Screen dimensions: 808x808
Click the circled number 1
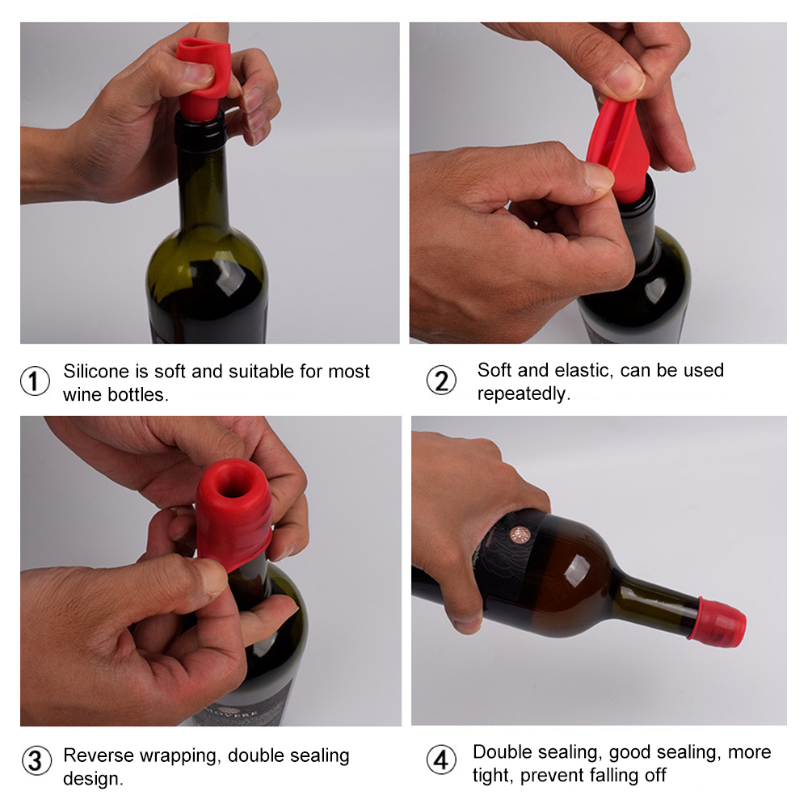click(x=35, y=381)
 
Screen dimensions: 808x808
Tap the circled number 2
click(x=441, y=381)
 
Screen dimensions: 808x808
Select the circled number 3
click(x=36, y=760)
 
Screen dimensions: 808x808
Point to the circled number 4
click(x=441, y=760)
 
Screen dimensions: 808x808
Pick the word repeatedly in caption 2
click(x=524, y=393)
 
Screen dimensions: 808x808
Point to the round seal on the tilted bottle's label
click(x=520, y=534)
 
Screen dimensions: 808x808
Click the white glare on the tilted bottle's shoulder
click(x=576, y=572)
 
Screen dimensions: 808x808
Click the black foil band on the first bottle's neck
click(x=200, y=132)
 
